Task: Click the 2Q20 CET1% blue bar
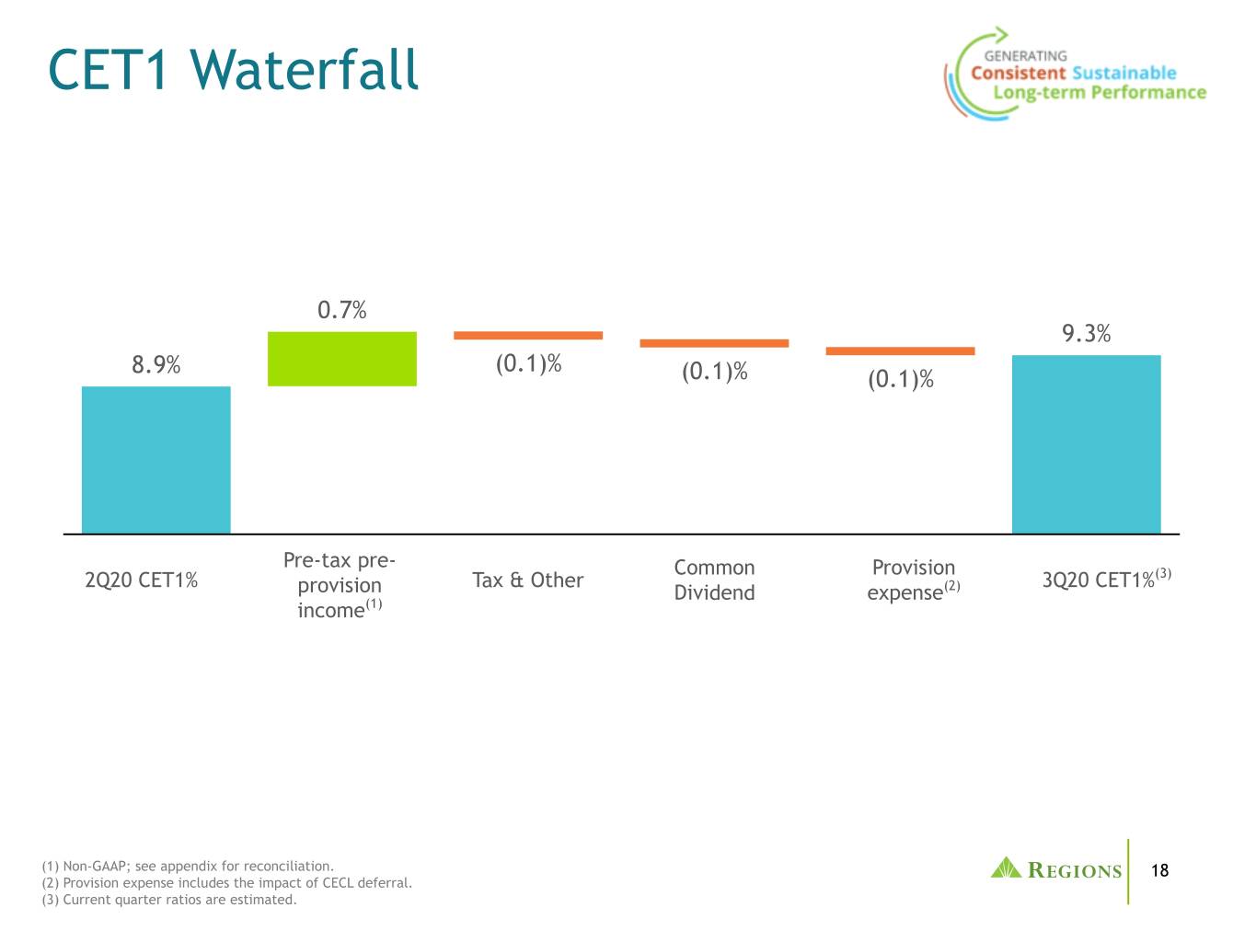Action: [x=156, y=460]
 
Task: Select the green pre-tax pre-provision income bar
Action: [x=341, y=359]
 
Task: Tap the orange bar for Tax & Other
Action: [x=527, y=335]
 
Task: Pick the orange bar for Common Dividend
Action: [x=713, y=343]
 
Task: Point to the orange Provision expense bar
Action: [x=900, y=351]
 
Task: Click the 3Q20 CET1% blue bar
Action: [x=1086, y=444]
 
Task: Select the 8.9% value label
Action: [x=156, y=364]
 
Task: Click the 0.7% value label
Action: [x=341, y=310]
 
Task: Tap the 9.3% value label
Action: [x=1086, y=333]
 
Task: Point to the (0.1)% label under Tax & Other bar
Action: [x=528, y=363]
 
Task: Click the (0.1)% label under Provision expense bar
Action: [x=900, y=379]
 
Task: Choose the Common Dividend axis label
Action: [x=714, y=580]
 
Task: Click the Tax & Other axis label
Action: [x=527, y=580]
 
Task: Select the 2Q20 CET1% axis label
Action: [x=142, y=580]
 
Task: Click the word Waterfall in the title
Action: [x=305, y=69]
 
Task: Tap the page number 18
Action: [x=1159, y=870]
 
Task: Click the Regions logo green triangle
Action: [x=1006, y=867]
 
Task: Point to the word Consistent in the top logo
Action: [x=1018, y=74]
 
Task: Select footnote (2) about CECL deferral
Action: [x=226, y=882]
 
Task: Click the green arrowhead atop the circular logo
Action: [x=1000, y=35]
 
